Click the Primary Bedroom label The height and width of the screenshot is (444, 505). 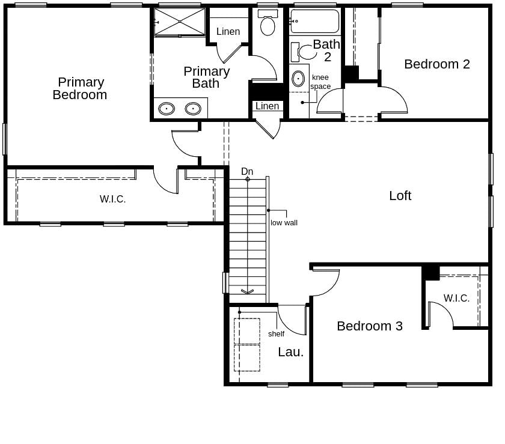(81, 88)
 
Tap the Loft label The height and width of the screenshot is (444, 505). (400, 196)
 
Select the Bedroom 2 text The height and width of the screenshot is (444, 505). (436, 64)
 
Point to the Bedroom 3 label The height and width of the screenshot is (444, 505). (369, 326)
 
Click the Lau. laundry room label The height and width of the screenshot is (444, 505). (290, 353)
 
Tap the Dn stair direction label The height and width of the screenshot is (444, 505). (247, 172)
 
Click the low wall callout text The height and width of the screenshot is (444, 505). (284, 223)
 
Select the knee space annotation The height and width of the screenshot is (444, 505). (320, 82)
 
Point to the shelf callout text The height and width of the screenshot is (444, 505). (276, 334)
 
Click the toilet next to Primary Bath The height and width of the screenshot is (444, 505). (268, 24)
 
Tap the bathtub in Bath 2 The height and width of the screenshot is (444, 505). (314, 22)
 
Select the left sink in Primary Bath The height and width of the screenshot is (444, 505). (167, 109)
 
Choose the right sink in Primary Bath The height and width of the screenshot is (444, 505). (193, 109)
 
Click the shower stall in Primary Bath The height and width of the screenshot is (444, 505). (180, 22)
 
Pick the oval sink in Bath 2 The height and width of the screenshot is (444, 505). (298, 79)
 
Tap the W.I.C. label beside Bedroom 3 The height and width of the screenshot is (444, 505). (456, 299)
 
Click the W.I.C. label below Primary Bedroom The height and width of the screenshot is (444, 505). (112, 199)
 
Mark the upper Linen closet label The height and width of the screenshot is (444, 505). (228, 32)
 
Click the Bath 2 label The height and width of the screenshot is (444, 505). (326, 50)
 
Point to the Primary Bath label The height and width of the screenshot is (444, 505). (206, 78)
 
